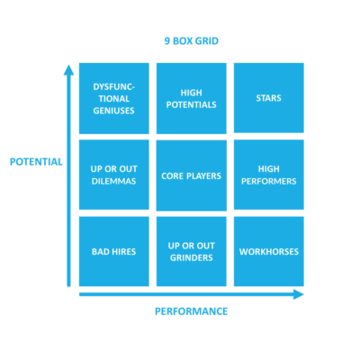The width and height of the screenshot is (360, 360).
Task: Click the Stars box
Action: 268,97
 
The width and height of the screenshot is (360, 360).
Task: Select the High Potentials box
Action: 191,97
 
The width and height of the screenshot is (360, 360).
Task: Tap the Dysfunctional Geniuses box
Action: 113,97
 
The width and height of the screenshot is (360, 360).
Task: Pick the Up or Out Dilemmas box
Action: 113,175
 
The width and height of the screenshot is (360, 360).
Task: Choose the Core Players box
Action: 191,175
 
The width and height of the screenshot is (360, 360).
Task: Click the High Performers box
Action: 268,175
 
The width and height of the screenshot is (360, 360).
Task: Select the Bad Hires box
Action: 113,251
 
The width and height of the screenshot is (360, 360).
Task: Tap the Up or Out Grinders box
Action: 191,251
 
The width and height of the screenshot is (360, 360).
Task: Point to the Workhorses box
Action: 268,251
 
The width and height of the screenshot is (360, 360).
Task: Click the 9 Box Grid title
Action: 191,40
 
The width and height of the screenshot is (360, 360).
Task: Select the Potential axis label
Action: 36,162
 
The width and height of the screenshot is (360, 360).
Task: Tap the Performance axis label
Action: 191,311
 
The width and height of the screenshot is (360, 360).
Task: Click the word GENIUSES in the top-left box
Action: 113,112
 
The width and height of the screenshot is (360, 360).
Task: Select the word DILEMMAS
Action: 113,182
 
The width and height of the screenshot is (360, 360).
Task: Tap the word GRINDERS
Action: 191,258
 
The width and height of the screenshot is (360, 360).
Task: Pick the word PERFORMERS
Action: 268,182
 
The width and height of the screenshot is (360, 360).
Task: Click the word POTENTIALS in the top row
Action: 191,104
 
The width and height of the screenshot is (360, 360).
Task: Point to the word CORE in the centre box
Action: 174,175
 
